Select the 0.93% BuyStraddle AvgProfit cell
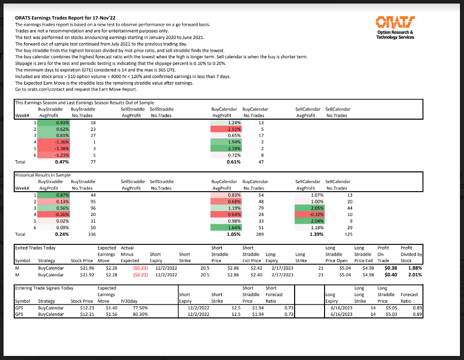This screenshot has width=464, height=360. pos(60,123)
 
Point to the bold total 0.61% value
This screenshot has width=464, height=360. pos(234,162)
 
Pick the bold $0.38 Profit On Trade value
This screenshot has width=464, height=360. pos(389,268)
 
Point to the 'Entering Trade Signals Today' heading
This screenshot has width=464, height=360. pos(45,288)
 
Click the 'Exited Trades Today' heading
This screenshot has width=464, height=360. pos(35,248)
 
